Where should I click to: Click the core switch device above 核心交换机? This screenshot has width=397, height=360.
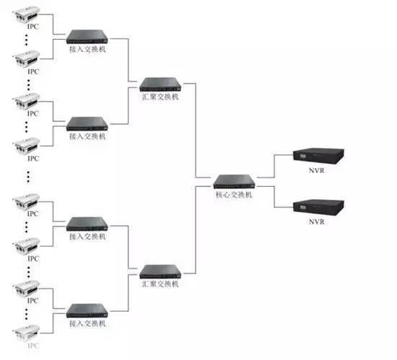234,182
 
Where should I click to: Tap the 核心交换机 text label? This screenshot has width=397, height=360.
234,195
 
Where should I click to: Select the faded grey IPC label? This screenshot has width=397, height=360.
33,346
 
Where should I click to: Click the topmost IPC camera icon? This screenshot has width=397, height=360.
26,14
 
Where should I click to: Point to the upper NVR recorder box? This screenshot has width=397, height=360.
318,156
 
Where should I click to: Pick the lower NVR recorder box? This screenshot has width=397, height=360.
318,207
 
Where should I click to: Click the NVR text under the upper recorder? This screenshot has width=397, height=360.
316,170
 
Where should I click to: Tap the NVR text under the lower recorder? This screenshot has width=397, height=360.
316,222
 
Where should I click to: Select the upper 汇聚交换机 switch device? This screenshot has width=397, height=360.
160,84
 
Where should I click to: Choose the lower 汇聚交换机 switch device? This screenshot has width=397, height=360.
160,272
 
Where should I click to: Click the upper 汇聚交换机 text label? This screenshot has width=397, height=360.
160,97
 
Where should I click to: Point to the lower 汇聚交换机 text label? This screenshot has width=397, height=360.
160,284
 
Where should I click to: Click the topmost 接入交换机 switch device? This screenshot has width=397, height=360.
87,37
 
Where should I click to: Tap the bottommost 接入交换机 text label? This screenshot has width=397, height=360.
87,323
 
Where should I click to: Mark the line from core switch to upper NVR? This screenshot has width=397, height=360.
274,166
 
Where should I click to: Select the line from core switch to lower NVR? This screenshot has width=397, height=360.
274,197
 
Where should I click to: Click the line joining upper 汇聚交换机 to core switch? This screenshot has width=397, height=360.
196,131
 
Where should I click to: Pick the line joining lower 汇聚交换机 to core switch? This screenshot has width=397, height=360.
196,229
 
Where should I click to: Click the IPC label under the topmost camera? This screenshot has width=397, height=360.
33,26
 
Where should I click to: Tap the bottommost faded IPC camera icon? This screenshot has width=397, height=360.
26,333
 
